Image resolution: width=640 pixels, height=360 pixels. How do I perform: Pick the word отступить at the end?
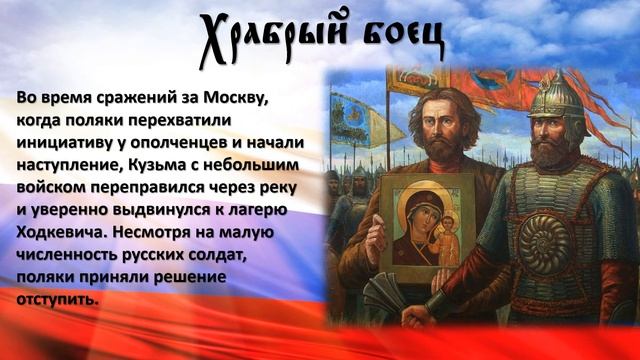pyautogui.click(x=58, y=297)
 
